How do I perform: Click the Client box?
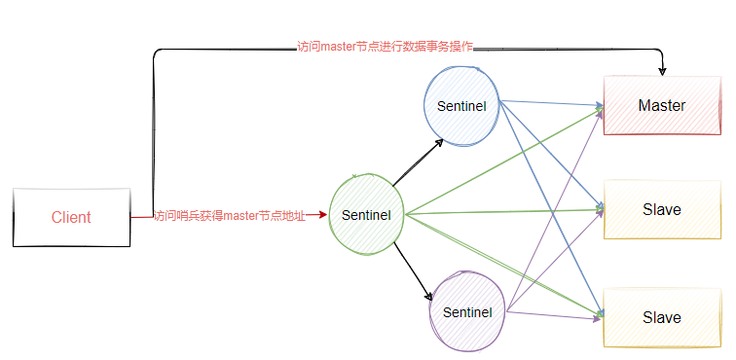[x=71, y=217]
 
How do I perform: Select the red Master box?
[x=662, y=105]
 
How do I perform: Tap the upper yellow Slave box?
[x=662, y=209]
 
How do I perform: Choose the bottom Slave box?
[x=662, y=317]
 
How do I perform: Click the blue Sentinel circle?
[x=461, y=105]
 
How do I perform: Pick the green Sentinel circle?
[x=367, y=215]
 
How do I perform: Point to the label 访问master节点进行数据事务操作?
[x=385, y=47]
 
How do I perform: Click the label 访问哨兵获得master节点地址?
[x=230, y=216]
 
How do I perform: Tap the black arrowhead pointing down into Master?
[x=662, y=70]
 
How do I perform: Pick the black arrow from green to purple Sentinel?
[x=413, y=270]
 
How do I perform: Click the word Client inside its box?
[x=71, y=217]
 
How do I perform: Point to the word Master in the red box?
[x=662, y=105]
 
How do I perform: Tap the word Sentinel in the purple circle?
[x=466, y=312]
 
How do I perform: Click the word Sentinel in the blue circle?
[x=461, y=105]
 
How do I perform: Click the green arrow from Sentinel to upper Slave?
[x=506, y=211]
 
